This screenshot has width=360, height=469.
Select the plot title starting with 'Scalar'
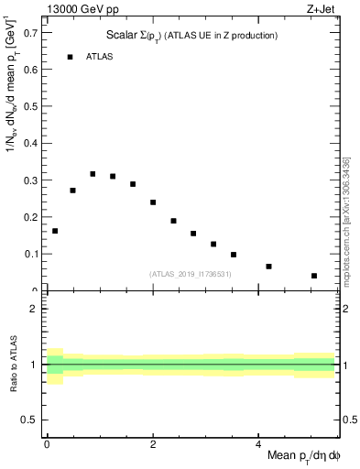coord(191,35)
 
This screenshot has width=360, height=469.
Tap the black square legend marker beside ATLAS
coord(70,57)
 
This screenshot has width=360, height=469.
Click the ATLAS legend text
coord(100,57)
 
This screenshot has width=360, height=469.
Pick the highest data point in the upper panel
coord(93,173)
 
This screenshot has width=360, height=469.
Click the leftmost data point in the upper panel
coord(55,231)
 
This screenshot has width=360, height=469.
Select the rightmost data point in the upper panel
coord(314,276)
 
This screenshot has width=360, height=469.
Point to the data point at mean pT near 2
coord(153,202)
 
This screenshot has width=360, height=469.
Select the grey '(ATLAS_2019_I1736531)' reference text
coord(191,274)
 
